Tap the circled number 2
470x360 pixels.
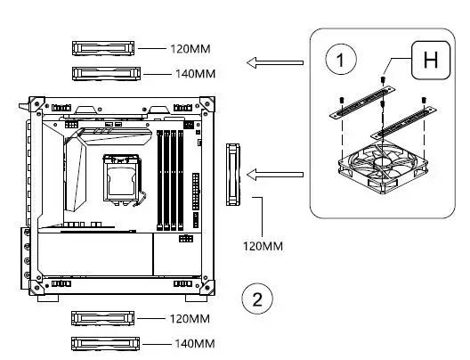257,298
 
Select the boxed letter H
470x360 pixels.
430,61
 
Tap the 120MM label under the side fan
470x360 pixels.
260,243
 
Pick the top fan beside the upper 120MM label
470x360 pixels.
103,46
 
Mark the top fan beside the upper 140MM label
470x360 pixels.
103,72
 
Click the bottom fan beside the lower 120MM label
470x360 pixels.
103,318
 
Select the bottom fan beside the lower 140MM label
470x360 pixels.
103,343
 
